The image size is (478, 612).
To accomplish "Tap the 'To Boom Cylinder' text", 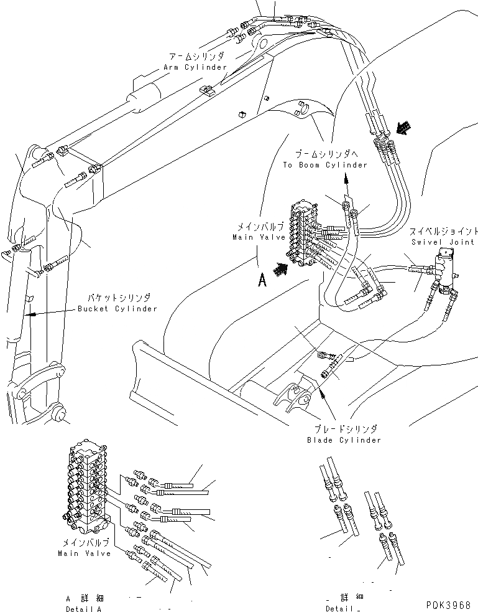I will (325, 165).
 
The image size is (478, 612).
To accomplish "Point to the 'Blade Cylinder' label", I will (344, 440).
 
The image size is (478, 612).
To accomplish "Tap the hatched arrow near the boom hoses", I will (404, 128).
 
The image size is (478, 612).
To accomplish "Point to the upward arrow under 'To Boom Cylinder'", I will (345, 186).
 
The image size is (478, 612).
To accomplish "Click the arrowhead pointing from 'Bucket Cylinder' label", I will (30, 314).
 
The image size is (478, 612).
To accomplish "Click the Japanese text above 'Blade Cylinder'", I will (344, 430).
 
